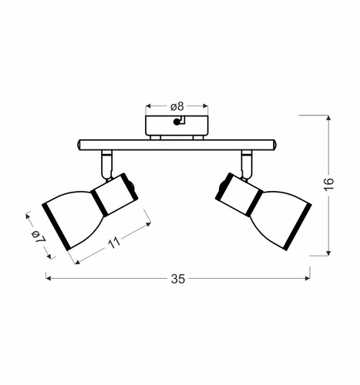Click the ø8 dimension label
pos(177,106)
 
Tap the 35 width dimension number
pos(178,279)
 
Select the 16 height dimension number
pos(328,184)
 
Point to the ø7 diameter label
pos(39,236)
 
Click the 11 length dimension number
pos(114,243)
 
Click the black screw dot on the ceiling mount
pos(177,122)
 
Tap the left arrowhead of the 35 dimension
pos(48,278)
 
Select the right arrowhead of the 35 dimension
pos(308,278)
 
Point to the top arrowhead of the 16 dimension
pos(328,118)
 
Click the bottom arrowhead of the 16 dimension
pos(328,253)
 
